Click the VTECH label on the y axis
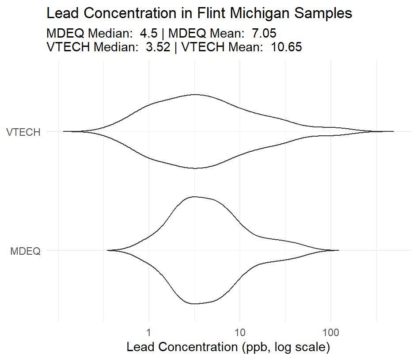(x=24, y=132)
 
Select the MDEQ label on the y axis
(x=25, y=251)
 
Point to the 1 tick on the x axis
(x=149, y=331)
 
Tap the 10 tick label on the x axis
(x=239, y=331)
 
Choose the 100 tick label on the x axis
(x=330, y=331)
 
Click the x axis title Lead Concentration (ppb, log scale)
(x=228, y=347)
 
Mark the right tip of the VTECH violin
(x=393, y=131)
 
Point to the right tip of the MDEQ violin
(x=338, y=250)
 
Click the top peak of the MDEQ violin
(x=193, y=196)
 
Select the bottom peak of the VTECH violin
(x=195, y=168)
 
